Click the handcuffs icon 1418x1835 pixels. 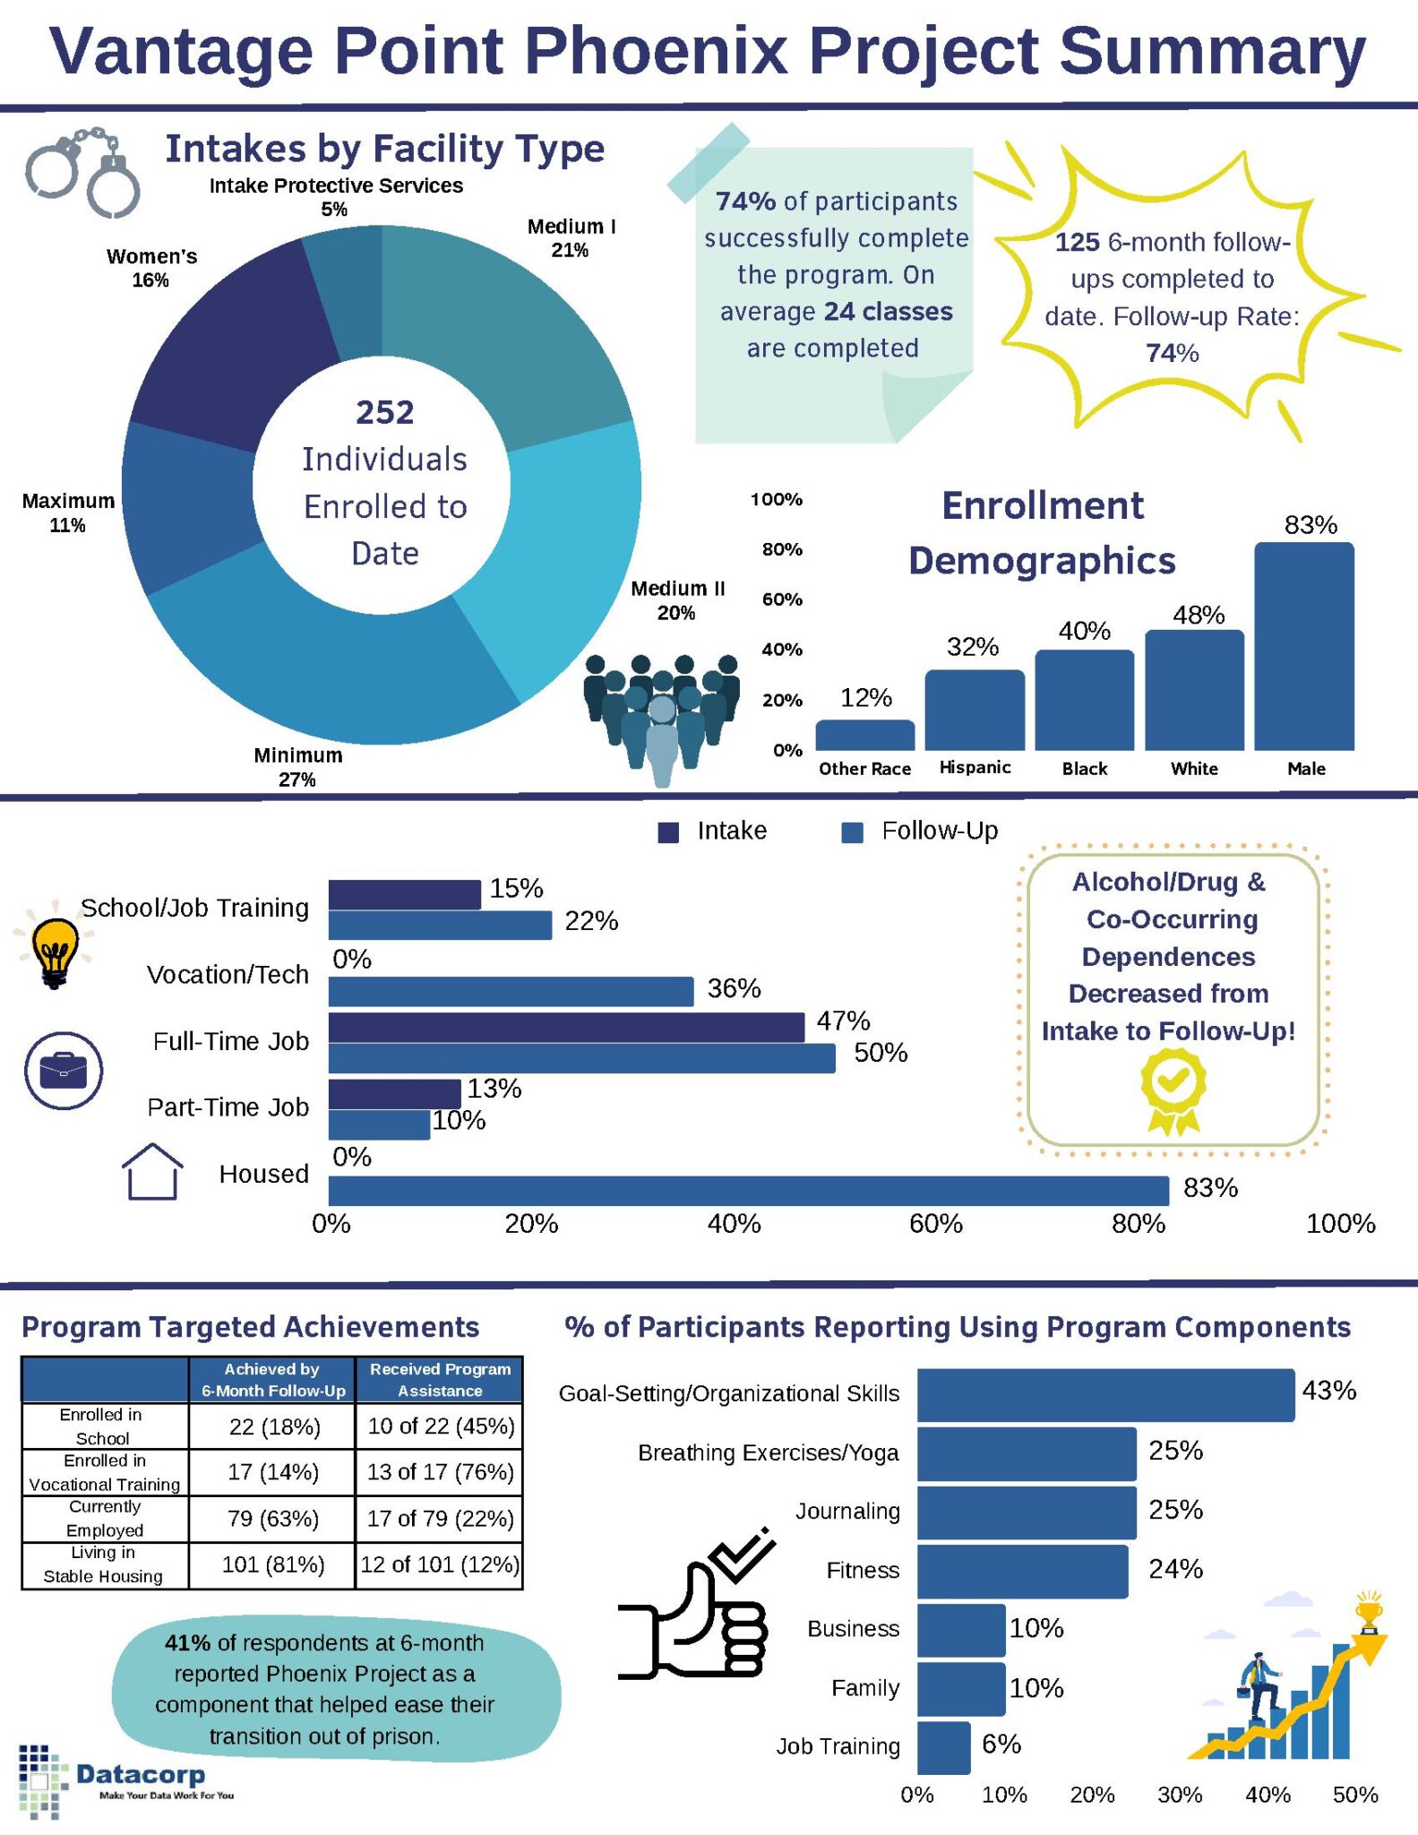pyautogui.click(x=82, y=171)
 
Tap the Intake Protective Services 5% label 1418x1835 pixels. pyautogui.click(x=336, y=197)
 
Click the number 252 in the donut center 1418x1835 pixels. pyautogui.click(x=384, y=412)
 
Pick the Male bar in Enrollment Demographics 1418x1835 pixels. pyautogui.click(x=1303, y=645)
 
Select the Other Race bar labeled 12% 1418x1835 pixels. pyautogui.click(x=864, y=736)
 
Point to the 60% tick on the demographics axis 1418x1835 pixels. pyautogui.click(x=782, y=599)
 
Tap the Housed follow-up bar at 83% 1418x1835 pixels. pyautogui.click(x=748, y=1191)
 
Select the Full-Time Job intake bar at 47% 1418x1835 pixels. pyautogui.click(x=566, y=1028)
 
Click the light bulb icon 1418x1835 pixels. pyautogui.click(x=55, y=950)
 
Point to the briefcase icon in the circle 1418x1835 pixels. pyautogui.click(x=64, y=1070)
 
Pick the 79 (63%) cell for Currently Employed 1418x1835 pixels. pyautogui.click(x=272, y=1519)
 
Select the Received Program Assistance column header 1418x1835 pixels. pyautogui.click(x=440, y=1380)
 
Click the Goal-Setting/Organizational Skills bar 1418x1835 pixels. pyautogui.click(x=1105, y=1395)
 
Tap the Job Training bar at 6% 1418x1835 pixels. pyautogui.click(x=943, y=1747)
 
